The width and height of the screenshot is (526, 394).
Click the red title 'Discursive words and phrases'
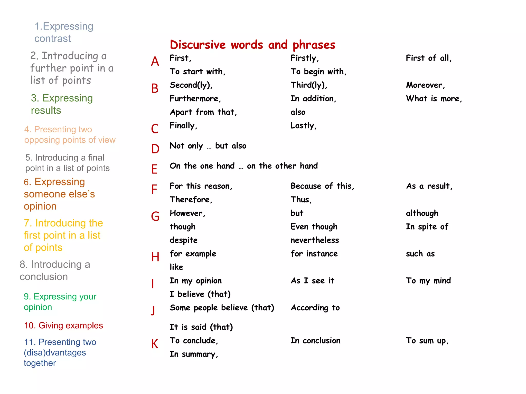tap(252, 45)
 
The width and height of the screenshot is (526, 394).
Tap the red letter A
tap(155, 62)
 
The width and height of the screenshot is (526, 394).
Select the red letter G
tap(155, 216)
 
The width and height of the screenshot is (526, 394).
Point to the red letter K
tap(155, 344)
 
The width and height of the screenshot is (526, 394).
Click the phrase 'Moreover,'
tap(425, 85)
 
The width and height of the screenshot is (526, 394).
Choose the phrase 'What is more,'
tap(434, 99)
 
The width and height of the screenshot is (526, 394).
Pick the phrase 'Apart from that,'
tap(203, 112)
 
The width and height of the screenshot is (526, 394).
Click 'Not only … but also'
tap(208, 146)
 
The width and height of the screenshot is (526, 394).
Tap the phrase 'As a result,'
tap(429, 186)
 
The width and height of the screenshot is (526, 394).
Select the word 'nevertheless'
tap(315, 240)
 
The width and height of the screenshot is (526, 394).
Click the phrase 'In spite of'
tap(427, 227)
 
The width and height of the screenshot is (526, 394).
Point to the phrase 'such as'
tap(420, 254)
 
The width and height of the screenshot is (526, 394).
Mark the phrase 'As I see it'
tap(312, 281)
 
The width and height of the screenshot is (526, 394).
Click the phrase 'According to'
tap(315, 308)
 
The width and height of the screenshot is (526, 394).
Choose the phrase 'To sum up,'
tap(427, 341)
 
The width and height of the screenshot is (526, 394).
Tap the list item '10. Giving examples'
tap(63, 326)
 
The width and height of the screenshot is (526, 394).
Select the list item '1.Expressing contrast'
tap(64, 32)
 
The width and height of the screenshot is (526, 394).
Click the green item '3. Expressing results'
tap(62, 104)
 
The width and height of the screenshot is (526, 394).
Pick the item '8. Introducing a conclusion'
tap(55, 271)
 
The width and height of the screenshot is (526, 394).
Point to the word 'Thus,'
tap(301, 200)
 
